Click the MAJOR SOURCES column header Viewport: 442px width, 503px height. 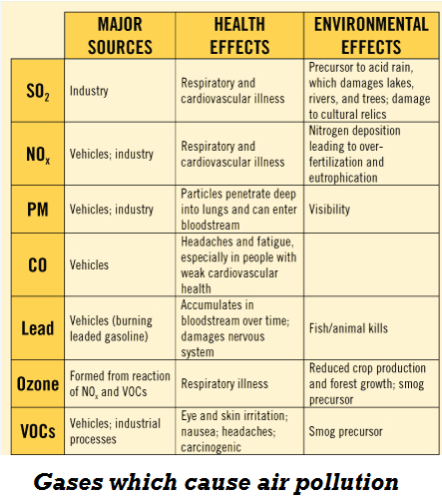point(120,35)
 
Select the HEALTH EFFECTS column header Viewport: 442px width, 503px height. point(239,35)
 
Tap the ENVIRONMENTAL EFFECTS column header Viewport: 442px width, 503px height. point(371,35)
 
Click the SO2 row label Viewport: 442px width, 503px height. point(38,91)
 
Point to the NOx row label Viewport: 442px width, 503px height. point(38,155)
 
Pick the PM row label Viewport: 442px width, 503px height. point(38,210)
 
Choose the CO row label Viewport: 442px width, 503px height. point(38,265)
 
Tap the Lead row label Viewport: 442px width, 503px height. point(38,328)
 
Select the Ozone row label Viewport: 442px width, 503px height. point(38,384)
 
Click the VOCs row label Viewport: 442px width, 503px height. point(38,431)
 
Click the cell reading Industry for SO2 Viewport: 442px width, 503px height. point(89,91)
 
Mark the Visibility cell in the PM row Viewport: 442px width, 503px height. point(329,210)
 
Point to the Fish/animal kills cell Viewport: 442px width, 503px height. point(348,328)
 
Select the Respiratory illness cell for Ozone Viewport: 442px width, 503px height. point(224,384)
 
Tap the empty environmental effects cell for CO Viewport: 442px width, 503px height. point(371,264)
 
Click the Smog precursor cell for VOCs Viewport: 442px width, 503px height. point(345,432)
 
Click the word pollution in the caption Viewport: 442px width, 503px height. point(346,483)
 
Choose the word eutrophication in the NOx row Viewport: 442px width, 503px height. point(343,178)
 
